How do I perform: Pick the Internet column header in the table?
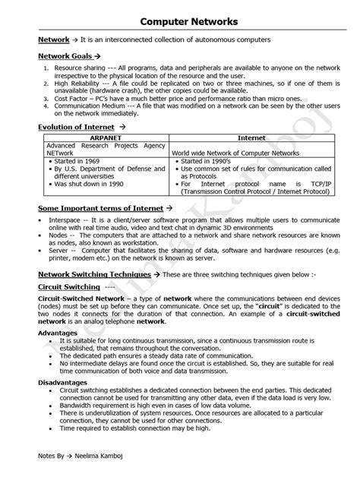coord(251,138)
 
